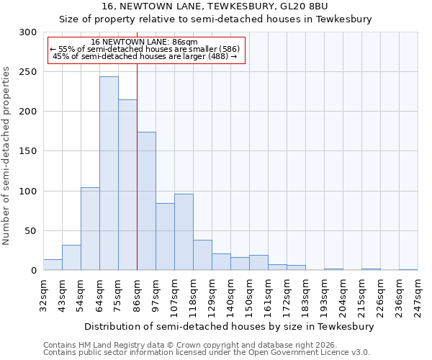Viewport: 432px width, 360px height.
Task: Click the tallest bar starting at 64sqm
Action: click(x=109, y=174)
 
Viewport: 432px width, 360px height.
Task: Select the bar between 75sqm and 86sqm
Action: click(x=127, y=185)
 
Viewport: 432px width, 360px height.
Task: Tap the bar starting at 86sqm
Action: click(x=146, y=201)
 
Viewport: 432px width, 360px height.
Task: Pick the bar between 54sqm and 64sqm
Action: click(x=90, y=229)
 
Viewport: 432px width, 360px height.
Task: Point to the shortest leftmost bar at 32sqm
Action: click(x=53, y=265)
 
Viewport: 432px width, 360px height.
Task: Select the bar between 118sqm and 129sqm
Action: click(x=202, y=256)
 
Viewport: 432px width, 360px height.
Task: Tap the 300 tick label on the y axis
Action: click(x=28, y=32)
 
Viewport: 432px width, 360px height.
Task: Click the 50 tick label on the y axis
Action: click(x=31, y=231)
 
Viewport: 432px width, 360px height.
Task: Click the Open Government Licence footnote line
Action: click(x=207, y=352)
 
